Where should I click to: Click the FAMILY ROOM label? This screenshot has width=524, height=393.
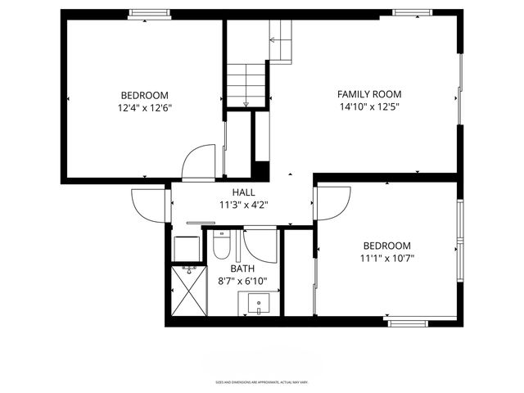369,94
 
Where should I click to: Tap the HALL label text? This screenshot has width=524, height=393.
243,192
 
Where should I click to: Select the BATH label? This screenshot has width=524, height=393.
242,269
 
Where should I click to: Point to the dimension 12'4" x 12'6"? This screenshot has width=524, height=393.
145,107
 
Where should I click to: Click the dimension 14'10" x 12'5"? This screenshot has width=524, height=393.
369,106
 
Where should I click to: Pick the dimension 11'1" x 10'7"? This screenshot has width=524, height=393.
386,259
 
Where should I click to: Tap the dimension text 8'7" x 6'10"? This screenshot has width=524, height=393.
243,281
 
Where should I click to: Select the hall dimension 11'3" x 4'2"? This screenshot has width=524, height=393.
243,206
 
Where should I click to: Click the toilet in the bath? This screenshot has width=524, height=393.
221,245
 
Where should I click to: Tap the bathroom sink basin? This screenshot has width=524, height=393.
260,304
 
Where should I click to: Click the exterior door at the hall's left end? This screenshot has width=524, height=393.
148,203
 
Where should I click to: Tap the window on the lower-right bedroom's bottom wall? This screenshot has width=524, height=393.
408,323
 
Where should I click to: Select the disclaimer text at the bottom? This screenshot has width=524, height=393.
262,382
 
